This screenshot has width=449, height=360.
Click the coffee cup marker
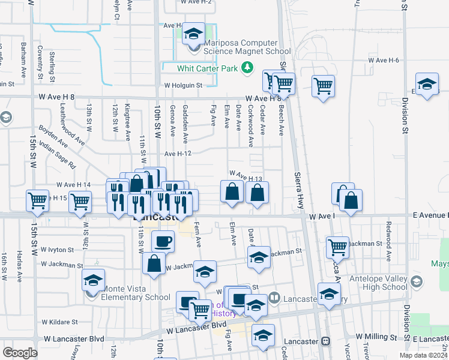pyautogui.click(x=163, y=242)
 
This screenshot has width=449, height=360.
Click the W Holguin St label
pyautogui.click(x=185, y=86)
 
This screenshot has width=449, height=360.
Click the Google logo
pyautogui.click(x=20, y=353)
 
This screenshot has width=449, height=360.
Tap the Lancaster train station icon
pyautogui.click(x=325, y=341)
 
